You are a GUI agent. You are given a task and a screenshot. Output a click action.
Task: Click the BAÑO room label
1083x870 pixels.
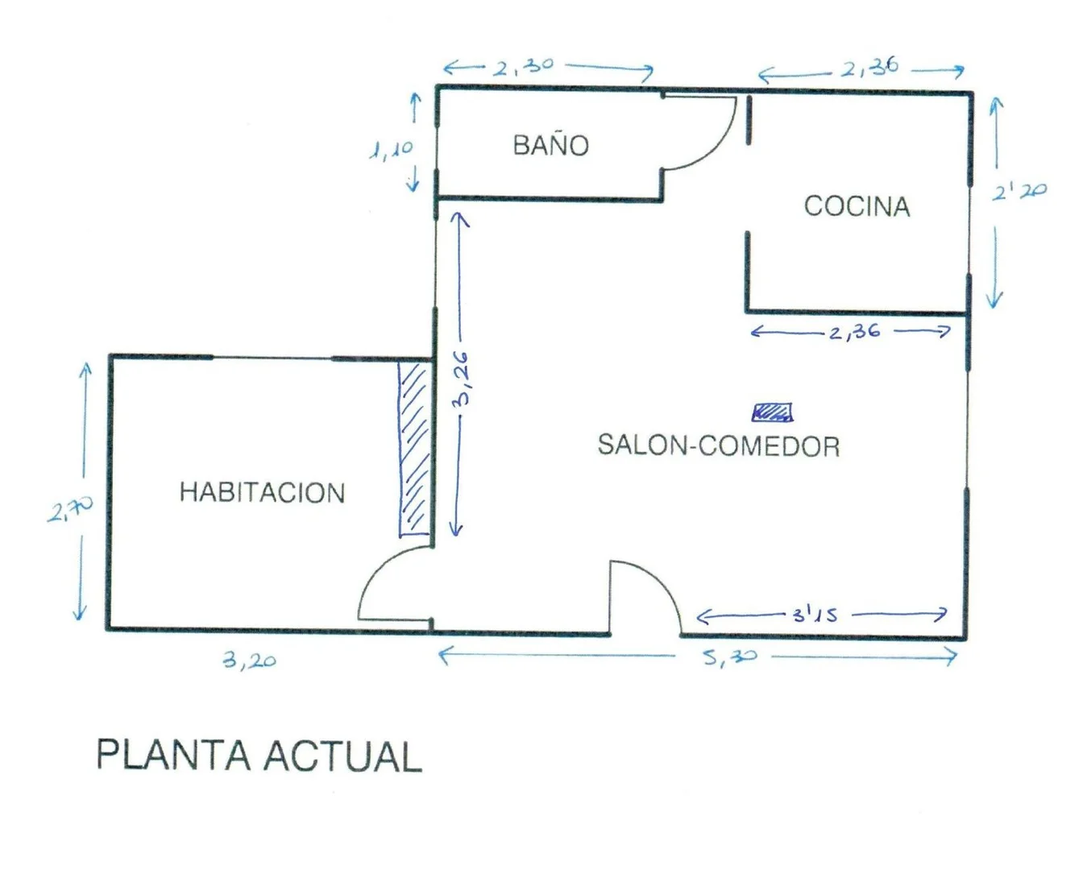pos(551,145)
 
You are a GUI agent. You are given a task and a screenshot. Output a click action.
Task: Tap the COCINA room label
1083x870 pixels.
pos(857,206)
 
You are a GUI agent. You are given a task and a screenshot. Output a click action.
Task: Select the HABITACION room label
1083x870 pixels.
pos(262,492)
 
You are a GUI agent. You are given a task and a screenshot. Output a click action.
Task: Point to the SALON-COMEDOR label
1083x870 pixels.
pos(718,445)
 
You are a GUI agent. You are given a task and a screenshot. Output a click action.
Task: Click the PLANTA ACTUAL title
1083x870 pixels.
pos(259,756)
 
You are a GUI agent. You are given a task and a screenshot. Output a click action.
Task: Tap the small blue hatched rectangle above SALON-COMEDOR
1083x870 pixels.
pos(772,412)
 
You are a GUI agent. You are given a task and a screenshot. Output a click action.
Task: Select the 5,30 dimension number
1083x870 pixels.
pos(730,657)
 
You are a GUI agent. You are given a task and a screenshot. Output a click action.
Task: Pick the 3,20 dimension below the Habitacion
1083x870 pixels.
pos(250,661)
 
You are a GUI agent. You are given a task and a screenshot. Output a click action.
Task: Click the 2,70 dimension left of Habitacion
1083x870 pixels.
pos(70,509)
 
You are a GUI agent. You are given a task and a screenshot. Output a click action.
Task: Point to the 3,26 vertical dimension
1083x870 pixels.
pos(462,378)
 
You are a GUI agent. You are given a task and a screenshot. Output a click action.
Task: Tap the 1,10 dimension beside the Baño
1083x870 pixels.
pos(392,150)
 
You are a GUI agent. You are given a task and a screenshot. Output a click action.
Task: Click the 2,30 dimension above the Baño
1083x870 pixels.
pos(524,67)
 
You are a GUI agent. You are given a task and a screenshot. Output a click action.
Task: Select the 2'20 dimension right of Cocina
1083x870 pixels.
pos(1019,192)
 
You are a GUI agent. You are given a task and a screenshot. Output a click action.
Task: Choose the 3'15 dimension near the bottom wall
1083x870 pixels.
pos(815,615)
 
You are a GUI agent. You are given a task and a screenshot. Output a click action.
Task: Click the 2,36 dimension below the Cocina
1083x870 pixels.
pos(854,331)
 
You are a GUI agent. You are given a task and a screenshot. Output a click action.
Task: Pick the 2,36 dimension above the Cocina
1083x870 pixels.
pos(869,68)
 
